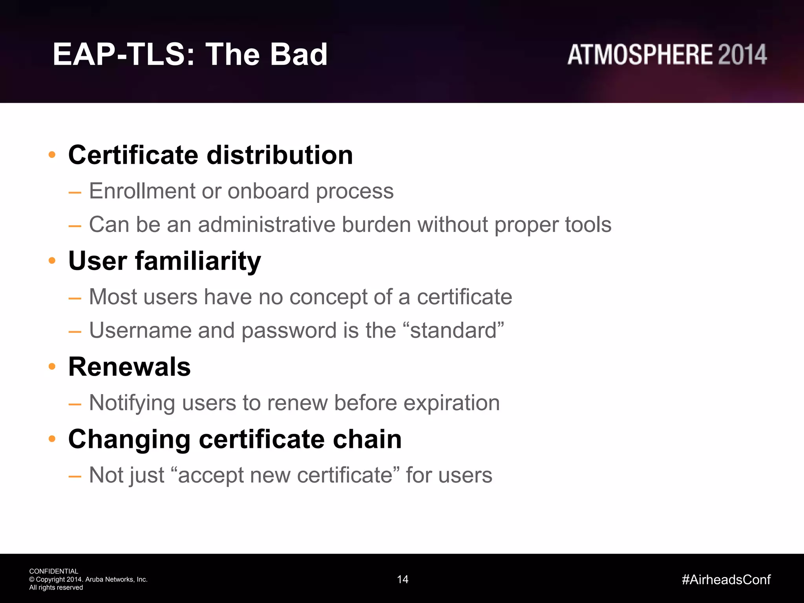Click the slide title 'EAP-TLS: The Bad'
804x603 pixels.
[x=190, y=54]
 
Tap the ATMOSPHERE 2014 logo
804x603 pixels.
[x=667, y=55]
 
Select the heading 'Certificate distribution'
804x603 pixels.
[x=210, y=155]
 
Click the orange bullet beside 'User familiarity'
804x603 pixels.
[x=52, y=261]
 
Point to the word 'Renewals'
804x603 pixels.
[x=129, y=367]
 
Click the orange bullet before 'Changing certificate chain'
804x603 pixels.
[x=52, y=439]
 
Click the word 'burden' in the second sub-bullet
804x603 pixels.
[x=376, y=225]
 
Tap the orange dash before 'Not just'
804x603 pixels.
[x=75, y=477]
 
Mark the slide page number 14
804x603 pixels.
[x=402, y=579]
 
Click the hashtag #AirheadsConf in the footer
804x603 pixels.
[x=726, y=579]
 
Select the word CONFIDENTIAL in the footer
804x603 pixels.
[x=53, y=571]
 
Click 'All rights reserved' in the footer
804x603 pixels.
[x=56, y=588]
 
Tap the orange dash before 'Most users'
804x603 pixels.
[x=75, y=298]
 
